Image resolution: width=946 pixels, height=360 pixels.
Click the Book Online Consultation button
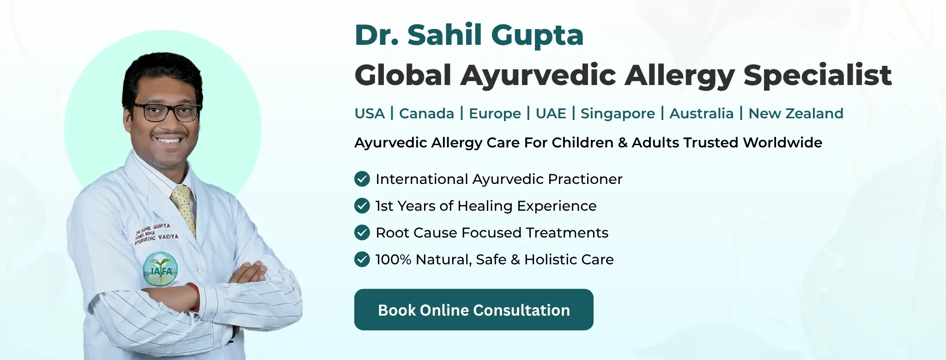473,310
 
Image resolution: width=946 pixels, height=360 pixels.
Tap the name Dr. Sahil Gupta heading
469,35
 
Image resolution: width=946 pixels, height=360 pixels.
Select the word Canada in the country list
426,113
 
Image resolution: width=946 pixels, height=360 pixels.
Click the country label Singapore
618,114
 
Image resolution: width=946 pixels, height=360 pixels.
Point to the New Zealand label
796,113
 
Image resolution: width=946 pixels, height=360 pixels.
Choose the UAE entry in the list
551,113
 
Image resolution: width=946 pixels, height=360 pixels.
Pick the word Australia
701,113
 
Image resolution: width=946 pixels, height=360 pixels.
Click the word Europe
495,114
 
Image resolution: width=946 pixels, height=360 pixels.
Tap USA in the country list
370,113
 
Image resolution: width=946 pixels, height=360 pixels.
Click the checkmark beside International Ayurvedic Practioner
362,179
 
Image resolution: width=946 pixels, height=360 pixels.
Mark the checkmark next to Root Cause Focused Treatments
362,232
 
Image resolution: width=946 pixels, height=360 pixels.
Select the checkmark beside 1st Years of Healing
362,206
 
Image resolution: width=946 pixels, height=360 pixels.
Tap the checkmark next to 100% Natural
362,259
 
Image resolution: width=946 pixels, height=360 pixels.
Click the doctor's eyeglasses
165,112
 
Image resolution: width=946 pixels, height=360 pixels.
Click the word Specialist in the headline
818,75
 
